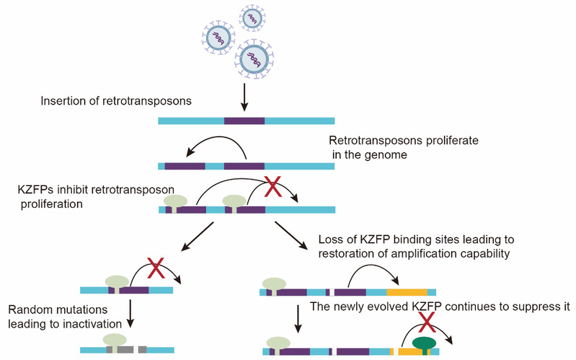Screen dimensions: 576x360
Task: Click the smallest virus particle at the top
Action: click(252, 18)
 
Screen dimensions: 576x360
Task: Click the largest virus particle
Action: click(254, 59)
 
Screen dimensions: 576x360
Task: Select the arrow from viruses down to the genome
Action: click(244, 97)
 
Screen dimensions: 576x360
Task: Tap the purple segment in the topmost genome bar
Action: click(244, 121)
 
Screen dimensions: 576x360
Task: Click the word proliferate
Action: click(453, 141)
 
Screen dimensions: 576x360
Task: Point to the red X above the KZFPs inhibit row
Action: click(273, 186)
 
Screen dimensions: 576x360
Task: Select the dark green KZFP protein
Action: click(425, 346)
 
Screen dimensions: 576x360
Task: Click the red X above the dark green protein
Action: click(427, 322)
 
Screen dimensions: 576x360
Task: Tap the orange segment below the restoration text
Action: click(407, 292)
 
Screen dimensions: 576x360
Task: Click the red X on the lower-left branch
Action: click(156, 268)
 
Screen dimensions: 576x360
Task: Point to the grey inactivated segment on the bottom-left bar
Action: click(126, 350)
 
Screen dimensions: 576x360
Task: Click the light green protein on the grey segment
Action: click(115, 343)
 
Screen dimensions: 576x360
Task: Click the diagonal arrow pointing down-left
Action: click(198, 237)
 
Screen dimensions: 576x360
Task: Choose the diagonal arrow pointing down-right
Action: click(292, 236)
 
